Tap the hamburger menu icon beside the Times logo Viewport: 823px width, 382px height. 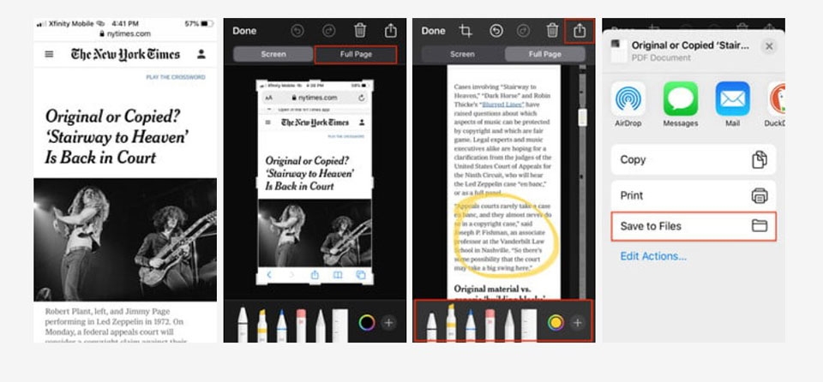[x=49, y=54]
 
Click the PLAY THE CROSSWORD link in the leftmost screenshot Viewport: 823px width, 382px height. [x=176, y=77]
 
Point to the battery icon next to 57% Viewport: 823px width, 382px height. [x=206, y=24]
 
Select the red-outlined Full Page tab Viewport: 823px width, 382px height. [x=356, y=55]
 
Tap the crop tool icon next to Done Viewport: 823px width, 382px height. [x=466, y=31]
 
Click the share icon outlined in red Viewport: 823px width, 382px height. [x=580, y=31]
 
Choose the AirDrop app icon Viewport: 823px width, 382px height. [x=628, y=99]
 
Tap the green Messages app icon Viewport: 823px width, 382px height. [x=681, y=99]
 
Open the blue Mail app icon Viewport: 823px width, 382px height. [x=732, y=99]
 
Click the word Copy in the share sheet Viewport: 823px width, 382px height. [x=634, y=159]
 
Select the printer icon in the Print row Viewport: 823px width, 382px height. [x=759, y=195]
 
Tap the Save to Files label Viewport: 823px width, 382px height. [x=652, y=226]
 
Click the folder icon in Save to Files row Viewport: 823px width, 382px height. [x=759, y=226]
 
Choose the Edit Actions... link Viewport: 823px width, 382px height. [x=653, y=256]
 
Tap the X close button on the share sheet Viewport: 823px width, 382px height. [x=769, y=46]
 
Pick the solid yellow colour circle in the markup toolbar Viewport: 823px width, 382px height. [x=556, y=323]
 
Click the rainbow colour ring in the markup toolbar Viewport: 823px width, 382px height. [x=366, y=323]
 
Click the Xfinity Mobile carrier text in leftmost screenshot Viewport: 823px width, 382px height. [x=70, y=24]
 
